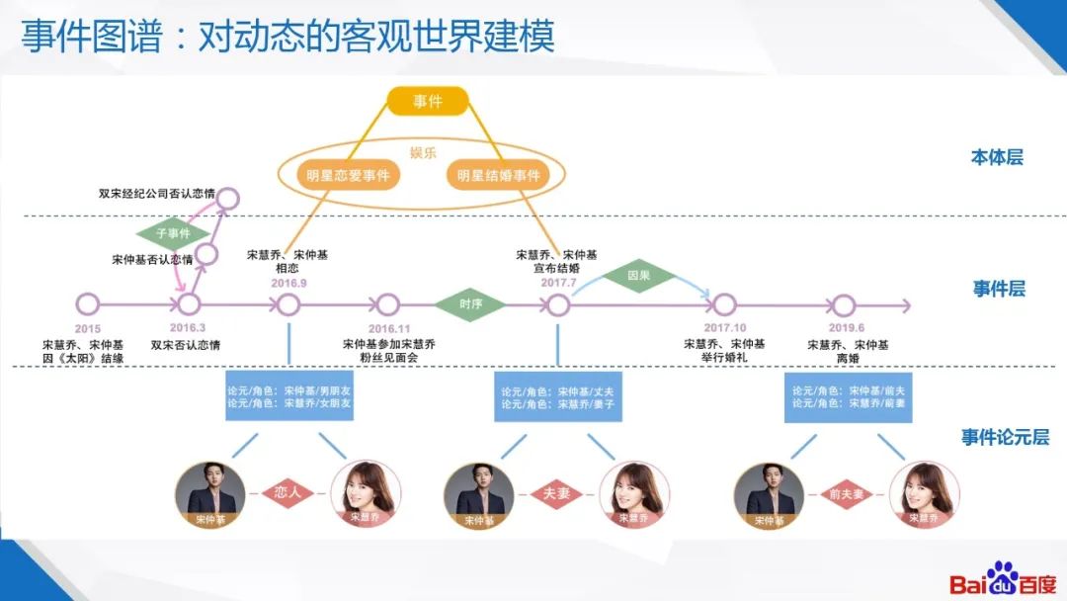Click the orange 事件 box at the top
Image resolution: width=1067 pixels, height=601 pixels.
pyautogui.click(x=426, y=100)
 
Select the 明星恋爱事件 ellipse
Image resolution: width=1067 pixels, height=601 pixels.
pyautogui.click(x=348, y=176)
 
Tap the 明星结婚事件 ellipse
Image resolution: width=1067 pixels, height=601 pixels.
pyautogui.click(x=498, y=176)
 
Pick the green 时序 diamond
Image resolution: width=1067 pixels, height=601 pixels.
pyautogui.click(x=470, y=304)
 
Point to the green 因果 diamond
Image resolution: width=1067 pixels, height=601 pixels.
pyautogui.click(x=640, y=275)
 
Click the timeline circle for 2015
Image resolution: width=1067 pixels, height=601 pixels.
pyautogui.click(x=87, y=304)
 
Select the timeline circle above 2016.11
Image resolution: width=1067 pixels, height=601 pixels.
pyautogui.click(x=388, y=304)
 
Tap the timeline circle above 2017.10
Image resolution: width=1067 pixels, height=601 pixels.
pyautogui.click(x=724, y=304)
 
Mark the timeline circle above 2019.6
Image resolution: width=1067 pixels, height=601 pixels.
pyautogui.click(x=843, y=304)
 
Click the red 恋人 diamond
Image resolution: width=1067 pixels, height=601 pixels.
pyautogui.click(x=287, y=492)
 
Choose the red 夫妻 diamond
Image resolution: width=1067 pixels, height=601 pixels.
pyautogui.click(x=557, y=492)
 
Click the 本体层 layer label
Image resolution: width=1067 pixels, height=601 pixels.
pyautogui.click(x=997, y=157)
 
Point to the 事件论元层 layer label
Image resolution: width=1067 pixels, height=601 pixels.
pyautogui.click(x=1005, y=437)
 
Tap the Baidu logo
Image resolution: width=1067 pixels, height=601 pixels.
pyautogui.click(x=1002, y=580)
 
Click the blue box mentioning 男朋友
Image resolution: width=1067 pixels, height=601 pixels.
pyautogui.click(x=288, y=396)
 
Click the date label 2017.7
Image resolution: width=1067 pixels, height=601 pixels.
pyautogui.click(x=557, y=283)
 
